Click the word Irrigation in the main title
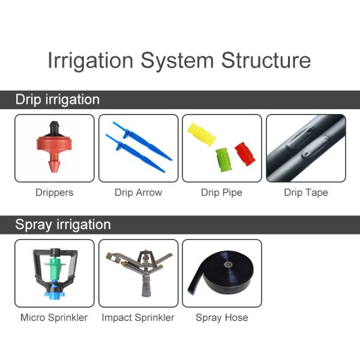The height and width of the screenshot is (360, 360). click(91, 61)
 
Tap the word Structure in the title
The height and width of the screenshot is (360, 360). click(266, 60)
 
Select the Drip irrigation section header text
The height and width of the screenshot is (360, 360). click(58, 100)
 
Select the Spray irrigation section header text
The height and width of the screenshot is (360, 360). click(63, 225)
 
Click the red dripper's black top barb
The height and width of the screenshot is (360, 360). click(54, 128)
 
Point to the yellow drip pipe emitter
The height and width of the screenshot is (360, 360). click(202, 134)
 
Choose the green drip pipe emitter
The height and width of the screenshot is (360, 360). click(223, 160)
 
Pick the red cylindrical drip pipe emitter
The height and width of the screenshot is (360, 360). click(245, 154)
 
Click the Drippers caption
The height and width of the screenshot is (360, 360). click(55, 193)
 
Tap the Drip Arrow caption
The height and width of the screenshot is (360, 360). click(139, 193)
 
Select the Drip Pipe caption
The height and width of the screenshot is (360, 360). click(221, 193)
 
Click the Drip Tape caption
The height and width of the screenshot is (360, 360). click(306, 193)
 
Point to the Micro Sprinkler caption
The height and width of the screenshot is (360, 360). click(54, 318)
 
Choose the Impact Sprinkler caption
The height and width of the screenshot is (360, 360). click(138, 318)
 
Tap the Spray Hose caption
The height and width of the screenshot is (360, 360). click(222, 318)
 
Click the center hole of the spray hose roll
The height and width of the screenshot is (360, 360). click(228, 265)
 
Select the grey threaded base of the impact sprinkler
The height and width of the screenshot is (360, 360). click(146, 286)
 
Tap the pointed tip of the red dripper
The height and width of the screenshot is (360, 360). click(54, 169)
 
